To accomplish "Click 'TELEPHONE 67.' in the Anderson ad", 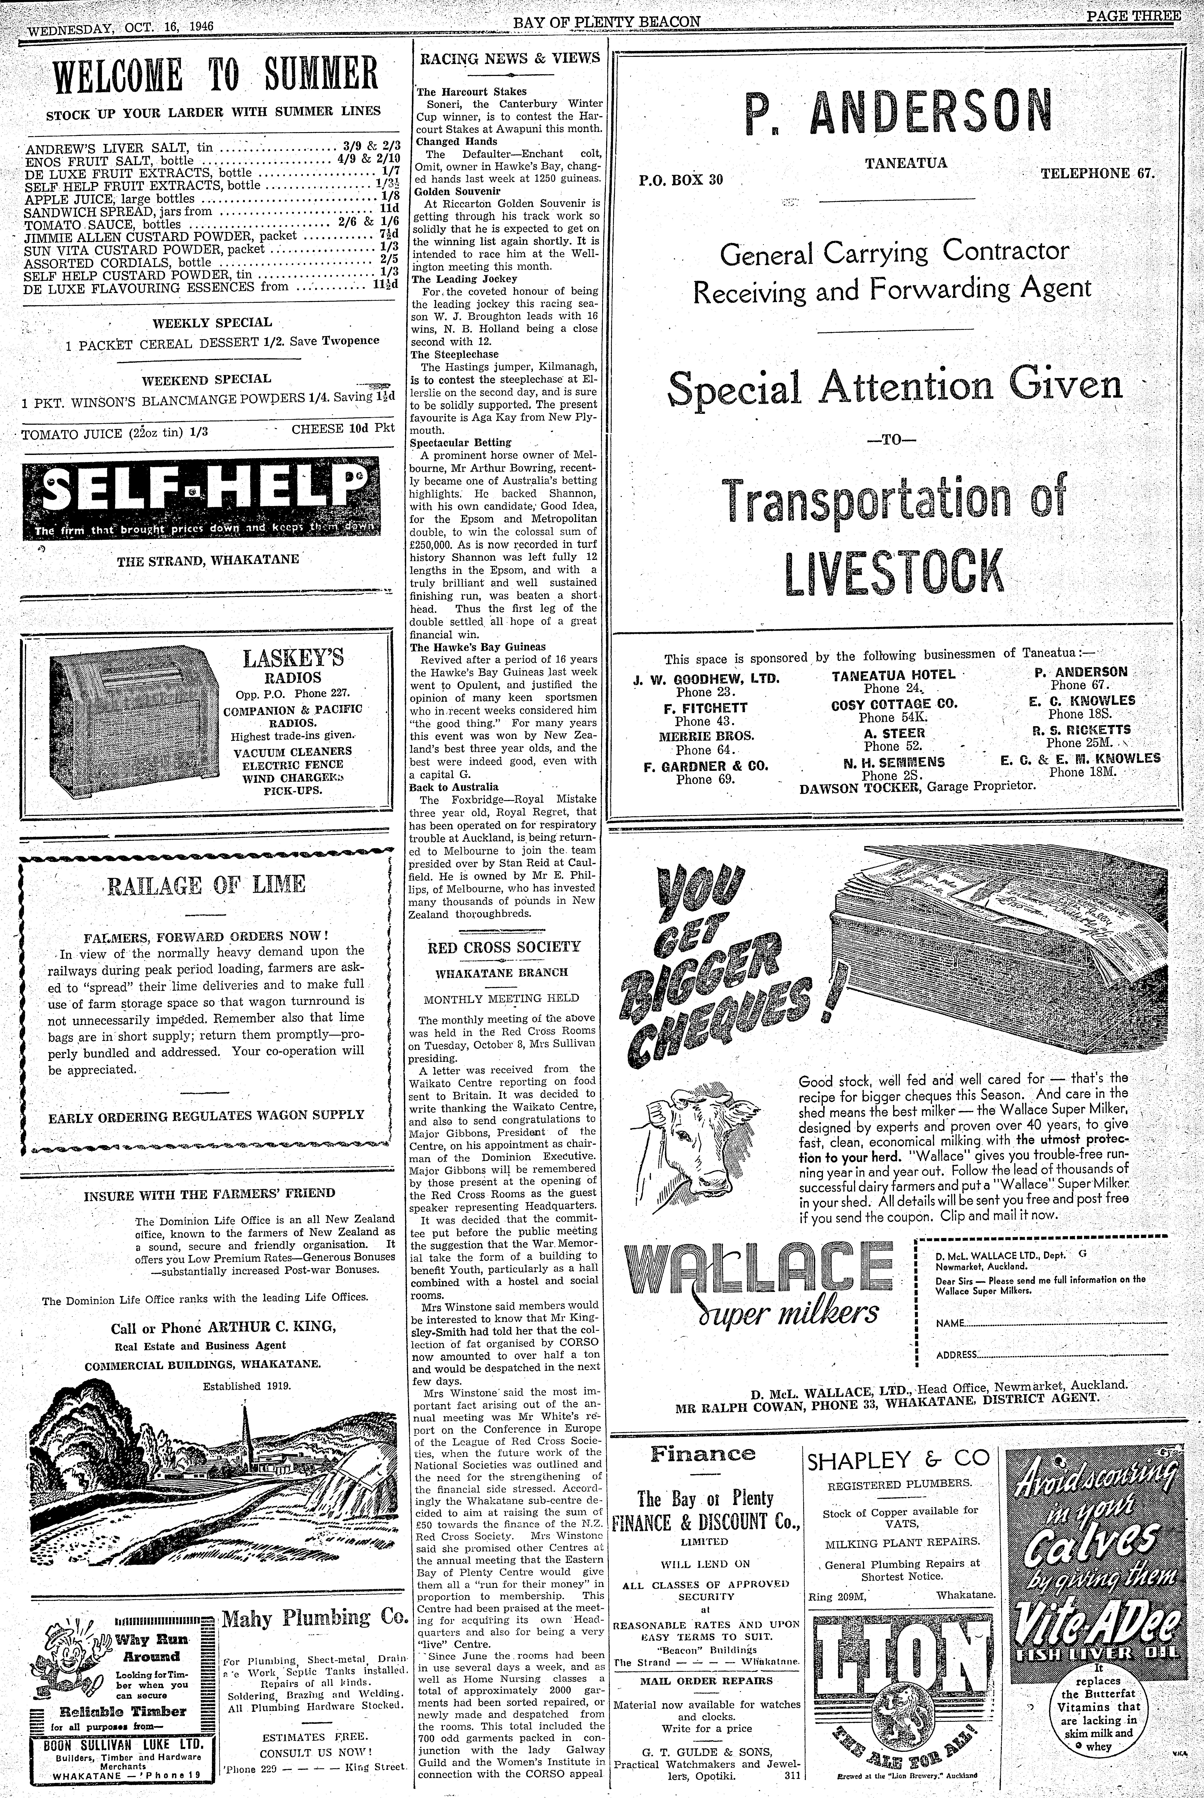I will coord(1096,173).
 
